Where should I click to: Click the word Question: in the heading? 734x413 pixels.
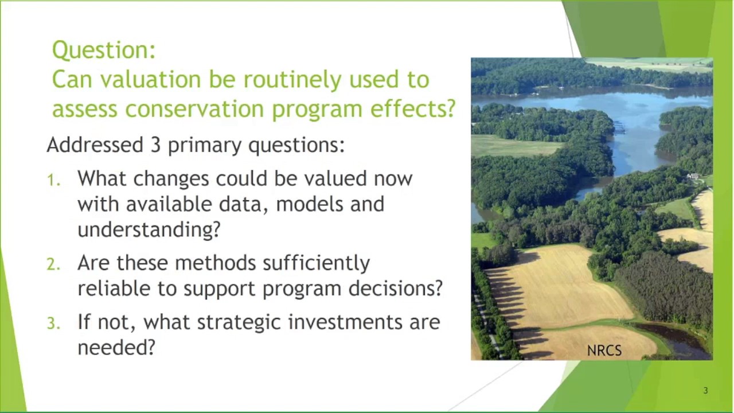[104, 50]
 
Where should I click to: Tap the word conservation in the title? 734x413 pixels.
[196, 109]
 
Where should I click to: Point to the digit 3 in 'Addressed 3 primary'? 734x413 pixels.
[155, 145]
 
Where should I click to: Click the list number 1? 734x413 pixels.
[53, 181]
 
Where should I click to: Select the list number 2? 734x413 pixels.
[53, 264]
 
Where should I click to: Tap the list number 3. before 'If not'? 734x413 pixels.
[53, 324]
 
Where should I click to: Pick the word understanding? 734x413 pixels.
[149, 230]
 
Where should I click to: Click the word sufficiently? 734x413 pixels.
[316, 263]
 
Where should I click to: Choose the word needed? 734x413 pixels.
[116, 348]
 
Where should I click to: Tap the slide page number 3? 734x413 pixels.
[705, 391]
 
